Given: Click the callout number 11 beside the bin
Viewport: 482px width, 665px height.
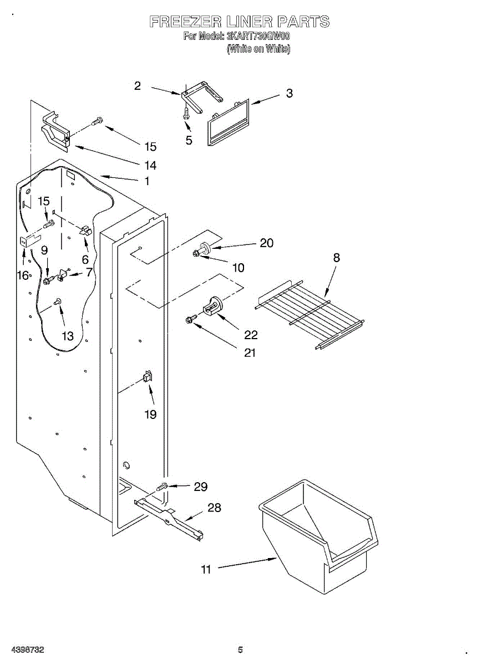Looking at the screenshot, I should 206,569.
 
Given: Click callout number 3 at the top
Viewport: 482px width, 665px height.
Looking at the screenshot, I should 289,94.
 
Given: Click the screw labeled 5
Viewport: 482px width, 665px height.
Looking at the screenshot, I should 185,113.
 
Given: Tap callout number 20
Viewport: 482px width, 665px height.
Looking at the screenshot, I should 267,243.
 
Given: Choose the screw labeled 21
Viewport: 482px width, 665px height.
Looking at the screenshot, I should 190,320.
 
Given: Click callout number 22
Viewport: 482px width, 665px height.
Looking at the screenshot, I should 251,335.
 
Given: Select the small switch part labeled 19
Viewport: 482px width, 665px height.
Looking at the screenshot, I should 148,377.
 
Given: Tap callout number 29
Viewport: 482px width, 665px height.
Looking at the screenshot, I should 200,487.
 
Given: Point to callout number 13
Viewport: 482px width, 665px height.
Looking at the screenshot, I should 67,336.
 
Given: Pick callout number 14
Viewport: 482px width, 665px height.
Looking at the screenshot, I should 150,165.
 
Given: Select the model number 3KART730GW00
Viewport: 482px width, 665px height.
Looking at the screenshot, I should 258,37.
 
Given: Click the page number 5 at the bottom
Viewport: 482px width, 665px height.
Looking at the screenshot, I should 240,650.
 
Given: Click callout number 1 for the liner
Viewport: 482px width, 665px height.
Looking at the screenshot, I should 147,181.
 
